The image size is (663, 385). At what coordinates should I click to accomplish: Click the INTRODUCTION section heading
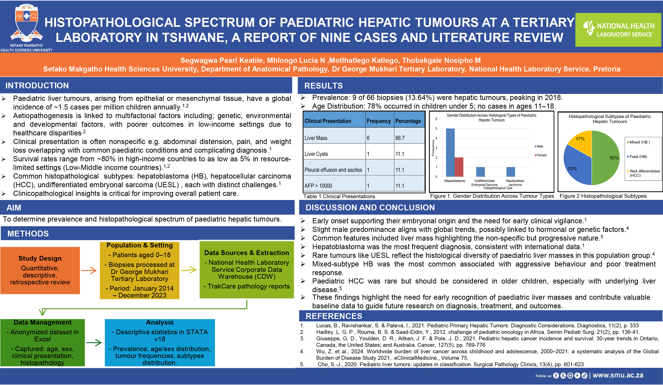pos(37,86)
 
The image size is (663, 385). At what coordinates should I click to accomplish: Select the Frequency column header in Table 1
pos(379,121)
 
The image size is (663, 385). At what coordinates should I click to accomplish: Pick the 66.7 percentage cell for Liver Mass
pos(400,138)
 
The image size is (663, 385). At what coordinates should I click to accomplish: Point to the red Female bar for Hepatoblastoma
pos(459,167)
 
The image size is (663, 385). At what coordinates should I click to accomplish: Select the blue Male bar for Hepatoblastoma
pos(450,152)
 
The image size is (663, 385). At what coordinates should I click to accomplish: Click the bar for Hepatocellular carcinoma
pos(511,172)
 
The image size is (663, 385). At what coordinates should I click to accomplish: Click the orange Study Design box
pos(40,270)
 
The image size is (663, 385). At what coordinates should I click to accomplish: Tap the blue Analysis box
pos(160,343)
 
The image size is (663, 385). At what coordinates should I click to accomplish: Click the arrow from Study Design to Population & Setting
pos(89,270)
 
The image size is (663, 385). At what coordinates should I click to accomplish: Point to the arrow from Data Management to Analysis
pos(94,343)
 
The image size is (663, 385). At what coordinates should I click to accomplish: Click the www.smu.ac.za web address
pos(618,375)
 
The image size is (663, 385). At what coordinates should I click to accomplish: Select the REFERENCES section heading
pos(334,316)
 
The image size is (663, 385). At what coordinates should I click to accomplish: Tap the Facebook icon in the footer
pos(556,375)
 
